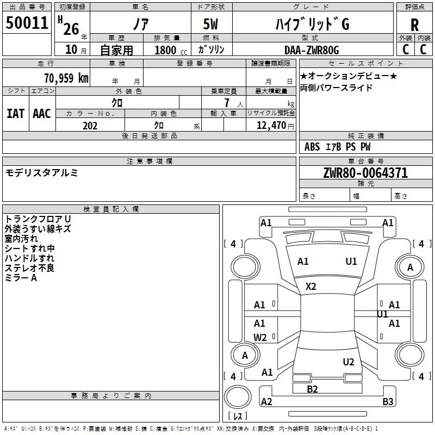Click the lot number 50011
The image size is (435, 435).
coord(27,23)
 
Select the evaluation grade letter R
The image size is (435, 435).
coord(414,25)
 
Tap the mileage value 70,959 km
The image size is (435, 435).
coord(66,78)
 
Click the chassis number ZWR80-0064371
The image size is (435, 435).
coord(365,173)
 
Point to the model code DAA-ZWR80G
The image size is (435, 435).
coord(312,50)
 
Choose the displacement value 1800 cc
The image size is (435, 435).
coord(171,50)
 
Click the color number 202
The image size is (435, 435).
coord(90,126)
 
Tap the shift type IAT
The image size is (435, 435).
coord(16,114)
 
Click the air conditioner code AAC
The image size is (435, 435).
coord(42,114)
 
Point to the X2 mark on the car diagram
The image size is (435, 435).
coord(310,287)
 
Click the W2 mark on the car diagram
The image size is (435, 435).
coord(260,338)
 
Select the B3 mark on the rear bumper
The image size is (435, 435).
coord(388,401)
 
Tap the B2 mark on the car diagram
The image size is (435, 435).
coord(312,389)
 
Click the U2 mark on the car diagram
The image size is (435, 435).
coord(349,362)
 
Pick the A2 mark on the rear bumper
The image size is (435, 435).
coord(266,401)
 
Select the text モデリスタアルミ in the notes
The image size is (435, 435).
coord(42,173)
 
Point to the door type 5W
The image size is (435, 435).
coord(210,24)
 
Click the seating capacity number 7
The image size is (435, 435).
coord(227,103)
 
